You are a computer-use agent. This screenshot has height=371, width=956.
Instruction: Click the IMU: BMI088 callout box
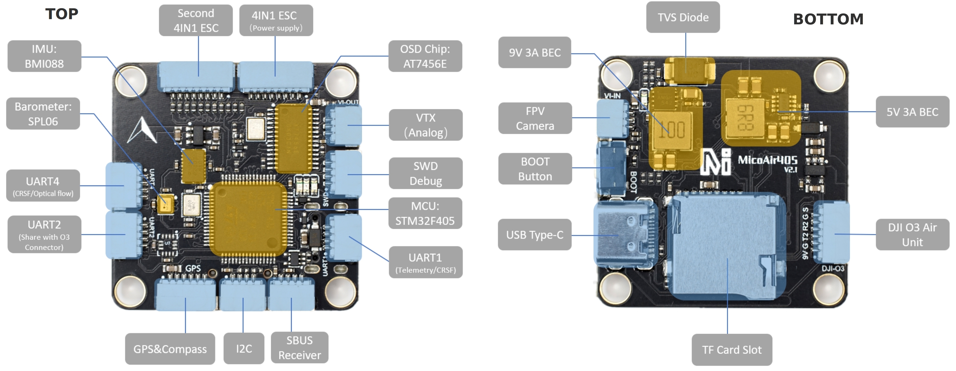[44, 56]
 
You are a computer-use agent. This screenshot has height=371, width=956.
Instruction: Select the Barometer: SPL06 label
[43, 113]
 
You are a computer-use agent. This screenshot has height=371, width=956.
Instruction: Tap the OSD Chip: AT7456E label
[425, 56]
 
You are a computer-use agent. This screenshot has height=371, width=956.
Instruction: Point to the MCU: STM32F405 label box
[425, 213]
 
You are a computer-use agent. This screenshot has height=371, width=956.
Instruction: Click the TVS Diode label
[683, 17]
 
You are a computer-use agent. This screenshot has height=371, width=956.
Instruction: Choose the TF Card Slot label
[731, 349]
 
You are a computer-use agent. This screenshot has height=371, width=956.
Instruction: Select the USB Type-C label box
[534, 235]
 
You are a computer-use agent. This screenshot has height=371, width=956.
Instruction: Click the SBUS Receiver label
[300, 348]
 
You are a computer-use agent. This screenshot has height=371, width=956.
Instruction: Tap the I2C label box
[244, 348]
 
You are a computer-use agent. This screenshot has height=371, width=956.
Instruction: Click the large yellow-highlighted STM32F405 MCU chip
[248, 219]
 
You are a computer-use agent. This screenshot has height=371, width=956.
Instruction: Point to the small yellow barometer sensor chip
[165, 204]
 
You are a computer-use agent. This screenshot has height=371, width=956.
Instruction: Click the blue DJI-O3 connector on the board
[831, 232]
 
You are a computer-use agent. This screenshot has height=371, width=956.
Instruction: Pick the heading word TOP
[62, 14]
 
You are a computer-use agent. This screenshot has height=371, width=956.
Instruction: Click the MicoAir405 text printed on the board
[767, 160]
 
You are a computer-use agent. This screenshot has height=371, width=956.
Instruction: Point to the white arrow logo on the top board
[142, 131]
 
